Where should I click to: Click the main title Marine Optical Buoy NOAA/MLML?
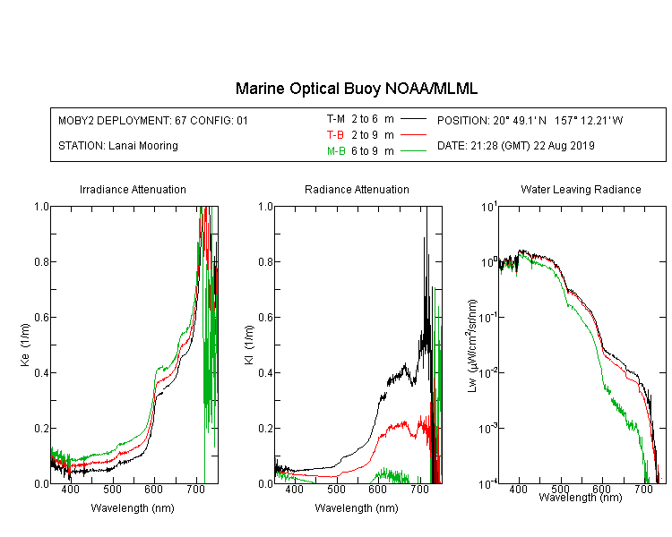(x=356, y=89)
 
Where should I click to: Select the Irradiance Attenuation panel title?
(x=133, y=189)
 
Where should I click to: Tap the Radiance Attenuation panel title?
(x=357, y=189)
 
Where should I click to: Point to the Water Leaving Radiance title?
(x=581, y=189)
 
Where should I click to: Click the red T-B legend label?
(x=335, y=135)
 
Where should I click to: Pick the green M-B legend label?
(x=336, y=150)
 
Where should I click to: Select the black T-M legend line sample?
(x=413, y=119)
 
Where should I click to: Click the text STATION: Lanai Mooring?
(x=118, y=146)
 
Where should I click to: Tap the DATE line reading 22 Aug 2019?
(x=515, y=146)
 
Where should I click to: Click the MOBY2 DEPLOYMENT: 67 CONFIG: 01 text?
(x=153, y=120)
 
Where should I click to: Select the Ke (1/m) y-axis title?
(x=25, y=345)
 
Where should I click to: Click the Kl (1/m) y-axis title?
(x=249, y=345)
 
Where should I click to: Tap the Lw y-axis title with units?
(x=472, y=345)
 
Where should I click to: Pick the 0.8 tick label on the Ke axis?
(x=41, y=261)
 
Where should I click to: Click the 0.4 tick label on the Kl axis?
(x=265, y=373)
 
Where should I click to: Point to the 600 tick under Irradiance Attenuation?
(x=153, y=489)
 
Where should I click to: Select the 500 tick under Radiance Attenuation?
(x=336, y=489)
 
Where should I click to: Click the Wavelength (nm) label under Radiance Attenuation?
(x=357, y=507)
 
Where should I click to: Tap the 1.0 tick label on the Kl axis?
(x=265, y=207)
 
